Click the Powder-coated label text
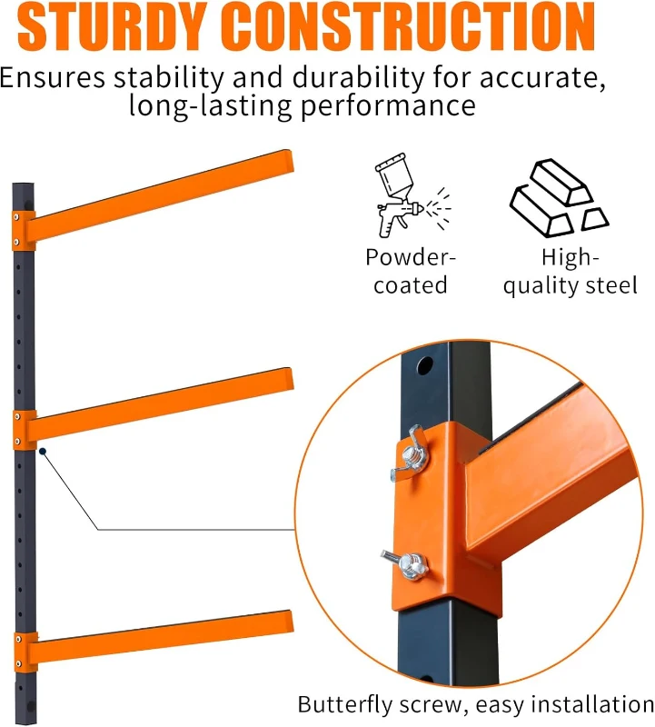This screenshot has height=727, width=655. coord(411,271)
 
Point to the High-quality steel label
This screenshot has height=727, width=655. coord(571,271)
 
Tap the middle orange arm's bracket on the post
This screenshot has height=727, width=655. coord(24,429)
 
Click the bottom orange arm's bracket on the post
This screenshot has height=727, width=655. coord(24,652)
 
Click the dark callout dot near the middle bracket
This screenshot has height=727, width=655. coord(43,449)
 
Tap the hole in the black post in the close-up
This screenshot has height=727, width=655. coord(423,365)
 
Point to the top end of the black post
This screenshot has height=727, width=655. coord(23,186)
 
